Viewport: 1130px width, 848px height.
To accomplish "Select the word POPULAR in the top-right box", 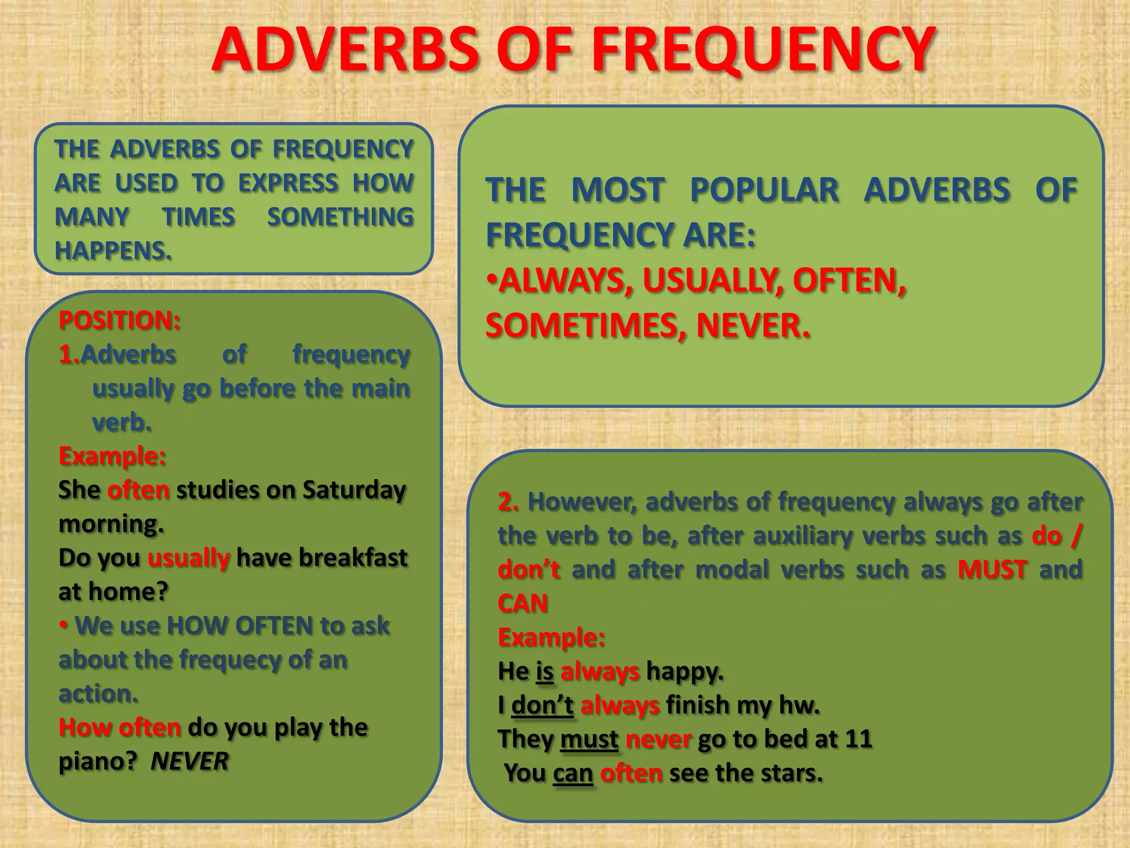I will (x=765, y=190).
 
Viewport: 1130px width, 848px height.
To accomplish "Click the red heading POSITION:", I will (x=120, y=320).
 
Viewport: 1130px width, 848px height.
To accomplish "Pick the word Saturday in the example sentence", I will (x=354, y=490).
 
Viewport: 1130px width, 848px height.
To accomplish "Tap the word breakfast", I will (x=353, y=558).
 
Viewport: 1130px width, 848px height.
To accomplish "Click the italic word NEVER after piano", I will (x=189, y=761).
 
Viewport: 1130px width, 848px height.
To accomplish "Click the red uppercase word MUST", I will (x=992, y=570).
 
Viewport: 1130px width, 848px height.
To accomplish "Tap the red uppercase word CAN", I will (x=523, y=603).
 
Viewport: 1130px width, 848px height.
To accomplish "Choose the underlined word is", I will (x=544, y=672).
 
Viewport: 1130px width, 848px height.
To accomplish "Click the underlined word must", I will (x=589, y=740).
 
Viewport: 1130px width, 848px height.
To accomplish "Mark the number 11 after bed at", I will (x=858, y=739).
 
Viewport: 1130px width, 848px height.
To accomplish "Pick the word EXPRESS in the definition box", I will (x=288, y=183).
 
